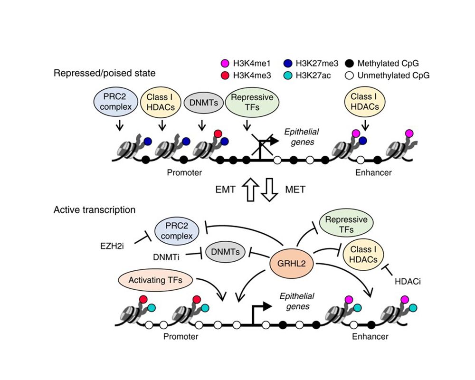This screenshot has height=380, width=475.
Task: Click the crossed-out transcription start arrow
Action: coord(263,140)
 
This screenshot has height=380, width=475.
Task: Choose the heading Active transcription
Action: coord(95,209)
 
